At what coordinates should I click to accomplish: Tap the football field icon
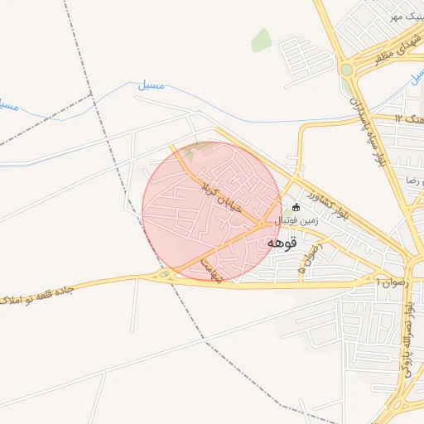click(297, 207)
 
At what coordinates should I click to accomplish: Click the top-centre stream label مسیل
click(151, 85)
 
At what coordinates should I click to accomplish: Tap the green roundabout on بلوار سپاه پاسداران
click(345, 70)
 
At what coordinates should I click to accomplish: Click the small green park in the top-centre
click(262, 39)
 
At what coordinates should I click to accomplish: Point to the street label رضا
click(412, 179)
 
